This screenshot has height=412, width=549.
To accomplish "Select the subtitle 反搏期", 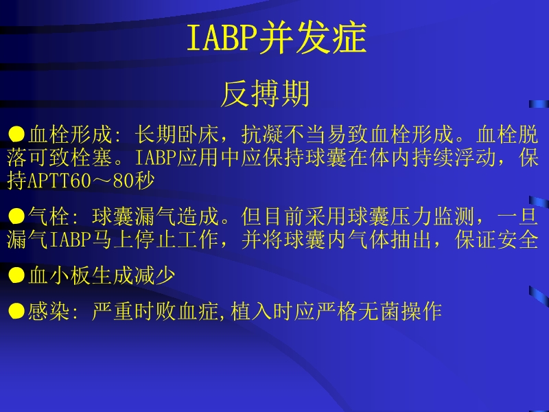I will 265,95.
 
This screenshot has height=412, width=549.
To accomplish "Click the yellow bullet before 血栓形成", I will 16,133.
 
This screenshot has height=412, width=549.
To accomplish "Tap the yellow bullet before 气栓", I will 16,216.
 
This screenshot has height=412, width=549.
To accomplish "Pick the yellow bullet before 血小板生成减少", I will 16,275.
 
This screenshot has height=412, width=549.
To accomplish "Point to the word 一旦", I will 519,217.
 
